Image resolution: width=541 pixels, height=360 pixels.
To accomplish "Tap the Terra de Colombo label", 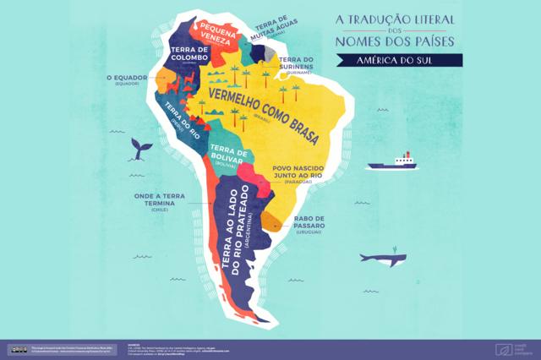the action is point(189,54).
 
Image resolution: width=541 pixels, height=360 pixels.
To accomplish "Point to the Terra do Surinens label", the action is point(295,63).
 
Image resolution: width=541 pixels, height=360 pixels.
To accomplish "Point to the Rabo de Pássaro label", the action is point(309,222).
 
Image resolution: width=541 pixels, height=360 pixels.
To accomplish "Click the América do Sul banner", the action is point(397,59).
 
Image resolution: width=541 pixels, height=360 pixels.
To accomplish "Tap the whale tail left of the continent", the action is point(139,150).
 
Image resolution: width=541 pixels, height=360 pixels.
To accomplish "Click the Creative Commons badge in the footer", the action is point(17,349).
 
